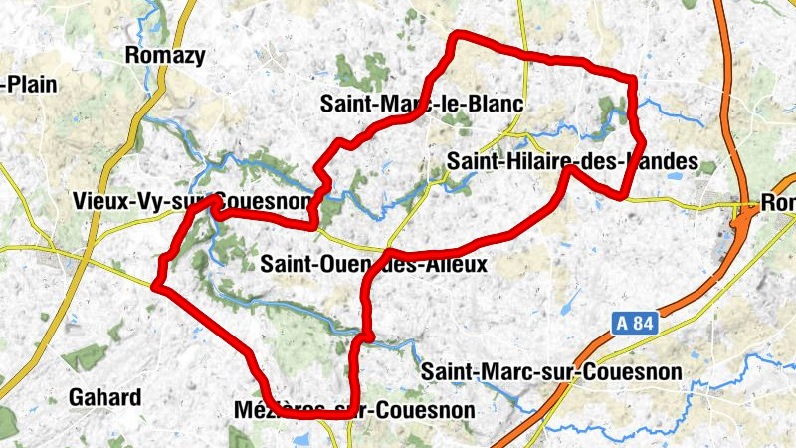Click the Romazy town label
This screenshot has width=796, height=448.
165,56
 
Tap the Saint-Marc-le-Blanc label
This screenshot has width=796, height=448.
422,104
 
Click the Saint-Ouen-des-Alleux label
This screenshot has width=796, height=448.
373,265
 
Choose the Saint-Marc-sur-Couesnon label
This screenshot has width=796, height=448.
552,372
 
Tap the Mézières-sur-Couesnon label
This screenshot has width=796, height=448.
356,409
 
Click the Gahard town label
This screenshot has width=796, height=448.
104,398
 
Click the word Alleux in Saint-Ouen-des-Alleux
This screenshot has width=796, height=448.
457,265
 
